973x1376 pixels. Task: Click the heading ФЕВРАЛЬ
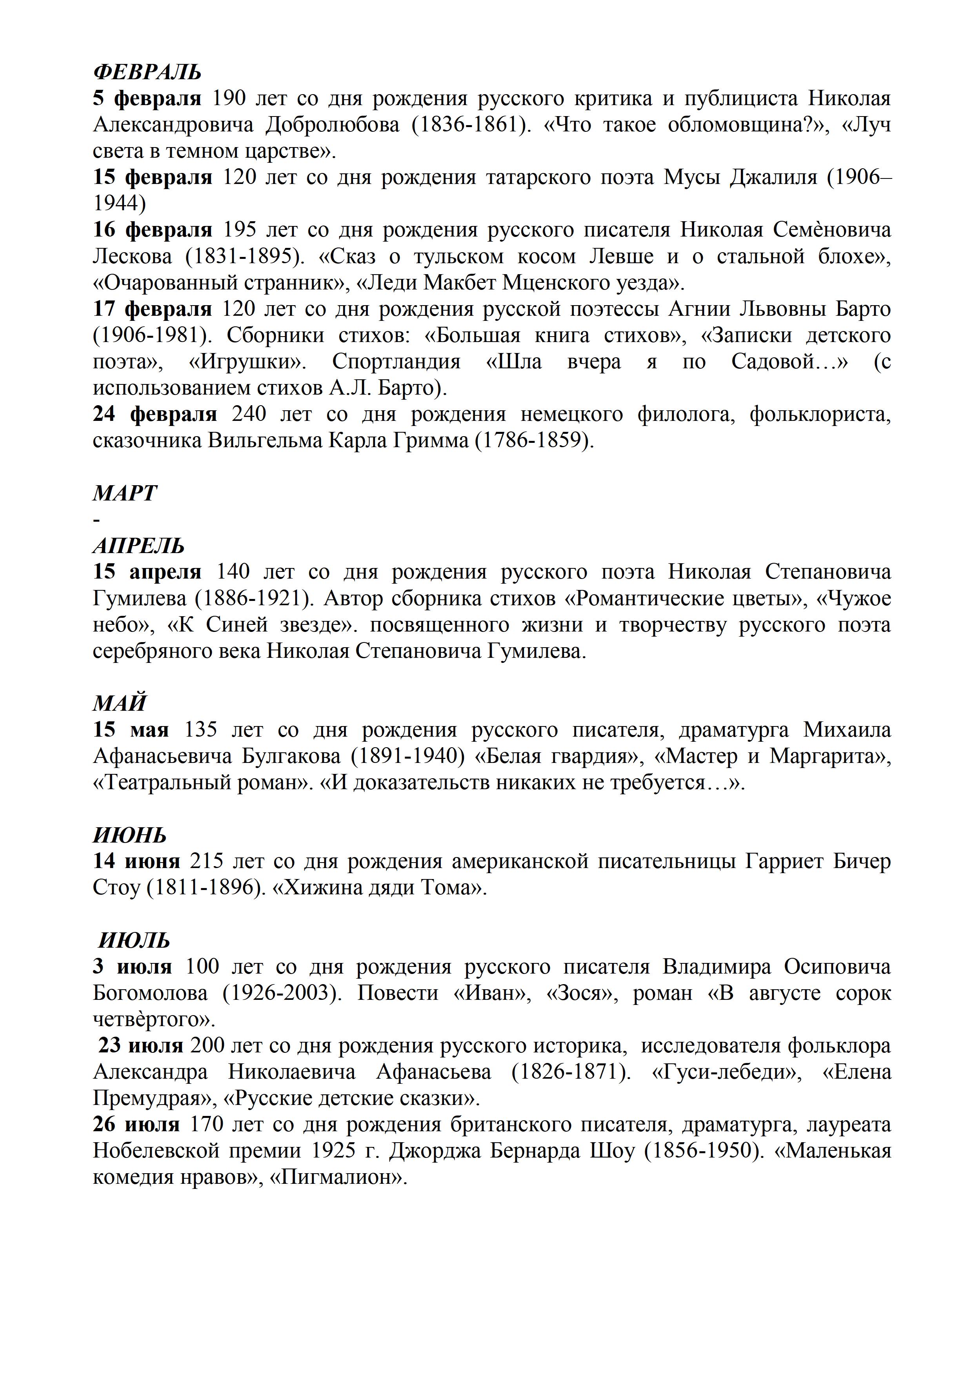pyautogui.click(x=147, y=73)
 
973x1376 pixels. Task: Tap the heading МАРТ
pyautogui.click(x=125, y=493)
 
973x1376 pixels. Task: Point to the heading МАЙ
pyautogui.click(x=119, y=703)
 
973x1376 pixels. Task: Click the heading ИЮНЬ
pyautogui.click(x=129, y=835)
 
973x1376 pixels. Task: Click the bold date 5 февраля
pyautogui.click(x=147, y=98)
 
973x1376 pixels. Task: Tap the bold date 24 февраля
pyautogui.click(x=155, y=415)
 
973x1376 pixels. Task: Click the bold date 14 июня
pyautogui.click(x=136, y=861)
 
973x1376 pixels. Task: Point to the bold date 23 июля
pyautogui.click(x=141, y=1046)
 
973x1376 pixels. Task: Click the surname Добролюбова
pyautogui.click(x=333, y=125)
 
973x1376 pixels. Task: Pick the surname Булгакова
pyautogui.click(x=291, y=756)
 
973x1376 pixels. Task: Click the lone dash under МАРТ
pyautogui.click(x=96, y=519)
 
